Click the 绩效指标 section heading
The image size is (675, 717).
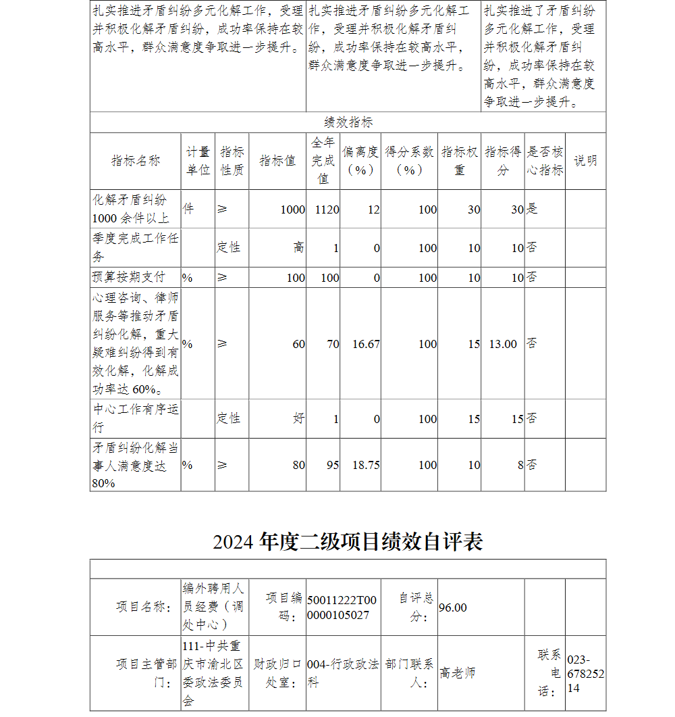(x=348, y=122)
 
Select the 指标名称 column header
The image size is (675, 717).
(x=136, y=161)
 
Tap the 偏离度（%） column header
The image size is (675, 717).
(x=360, y=161)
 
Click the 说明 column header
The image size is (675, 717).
(x=585, y=161)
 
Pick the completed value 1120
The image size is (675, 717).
(x=327, y=209)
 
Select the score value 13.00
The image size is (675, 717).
(x=503, y=344)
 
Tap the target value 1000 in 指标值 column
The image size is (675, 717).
(x=293, y=209)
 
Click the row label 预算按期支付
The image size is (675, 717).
(x=128, y=277)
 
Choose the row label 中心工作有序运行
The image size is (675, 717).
(x=136, y=418)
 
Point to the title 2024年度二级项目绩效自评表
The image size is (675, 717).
(x=348, y=542)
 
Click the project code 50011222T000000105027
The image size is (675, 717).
(x=342, y=608)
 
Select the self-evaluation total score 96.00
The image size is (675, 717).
(x=453, y=608)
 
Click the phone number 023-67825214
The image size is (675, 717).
(x=585, y=673)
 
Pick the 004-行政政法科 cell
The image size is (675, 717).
(x=343, y=673)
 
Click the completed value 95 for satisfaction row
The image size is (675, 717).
(x=332, y=465)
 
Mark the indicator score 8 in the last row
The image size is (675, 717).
(x=519, y=465)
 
